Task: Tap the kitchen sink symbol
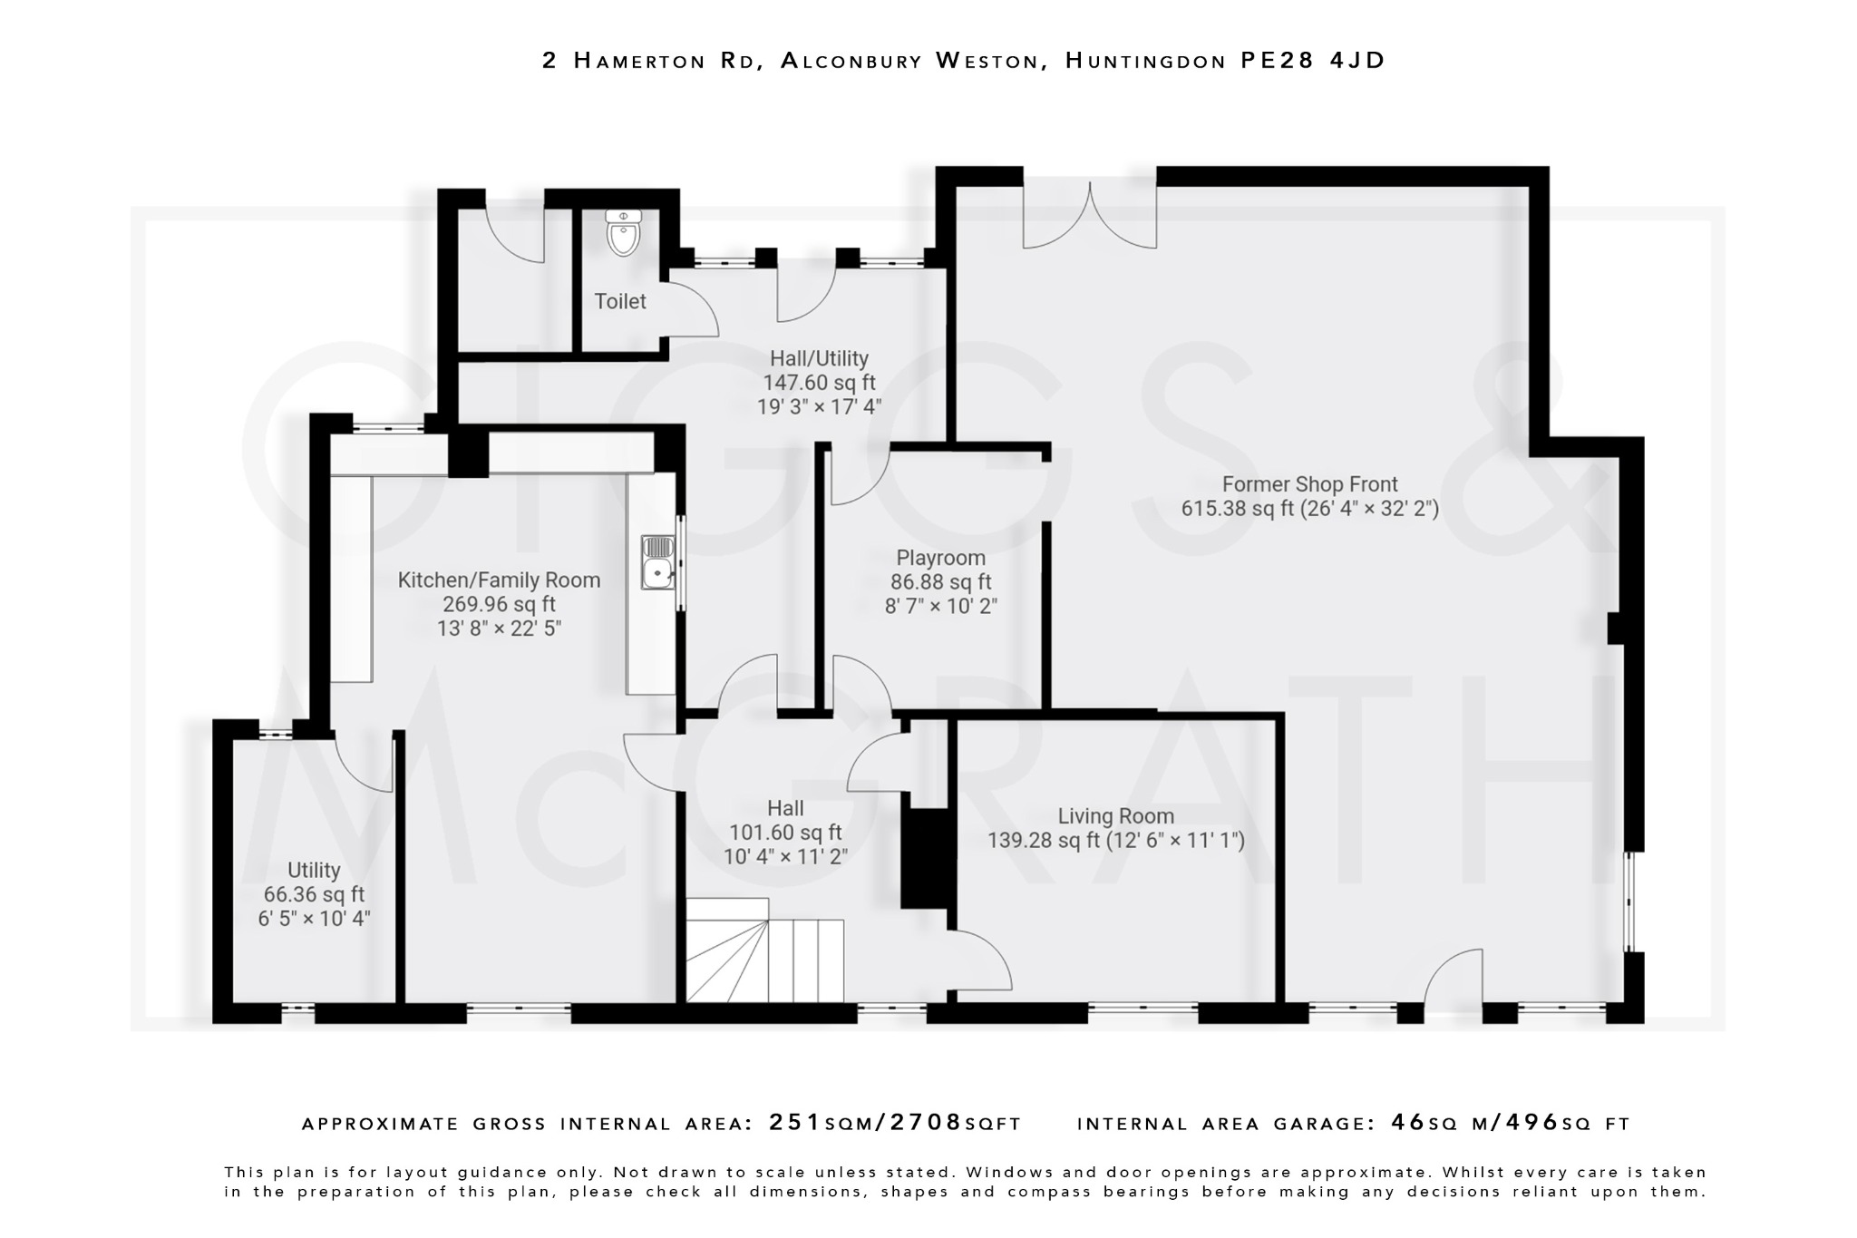pos(657,561)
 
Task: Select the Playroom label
pos(940,558)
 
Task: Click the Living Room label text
pos(1115,816)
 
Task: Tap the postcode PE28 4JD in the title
pos(1312,61)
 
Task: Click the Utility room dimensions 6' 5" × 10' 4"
pos(314,919)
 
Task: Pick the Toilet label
pos(620,301)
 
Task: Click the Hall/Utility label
pos(819,358)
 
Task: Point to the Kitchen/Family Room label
pos(499,580)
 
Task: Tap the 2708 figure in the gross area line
pos(926,1123)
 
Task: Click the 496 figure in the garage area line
pos(1531,1123)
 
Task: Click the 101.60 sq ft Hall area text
pos(785,833)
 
